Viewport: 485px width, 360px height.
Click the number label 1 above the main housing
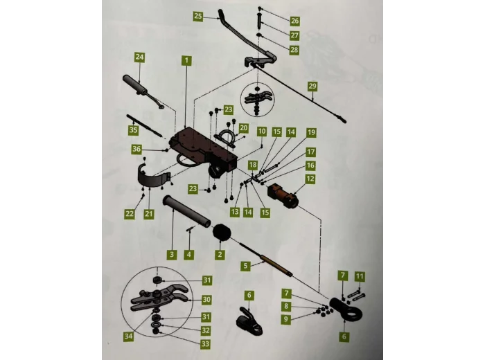pos(186,60)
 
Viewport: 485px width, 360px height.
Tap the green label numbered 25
pos(198,16)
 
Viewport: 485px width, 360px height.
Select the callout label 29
pos(312,86)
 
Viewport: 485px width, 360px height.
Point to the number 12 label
pos(310,179)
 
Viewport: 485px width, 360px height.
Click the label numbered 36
pos(136,149)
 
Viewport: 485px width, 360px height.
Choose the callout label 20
pos(244,128)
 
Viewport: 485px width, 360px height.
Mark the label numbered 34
pos(128,336)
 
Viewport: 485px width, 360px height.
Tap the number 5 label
pos(245,266)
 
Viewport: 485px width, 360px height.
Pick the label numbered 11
pos(360,276)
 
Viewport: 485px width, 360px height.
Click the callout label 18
pos(253,165)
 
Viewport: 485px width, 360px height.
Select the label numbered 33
pos(206,343)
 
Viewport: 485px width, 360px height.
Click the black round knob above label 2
pos(221,233)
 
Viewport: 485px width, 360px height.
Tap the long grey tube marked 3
pos(186,213)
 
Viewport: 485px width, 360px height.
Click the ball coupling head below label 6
pos(249,321)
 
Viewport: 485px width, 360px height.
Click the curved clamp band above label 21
pos(153,179)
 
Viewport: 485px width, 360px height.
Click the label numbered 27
pos(294,35)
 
